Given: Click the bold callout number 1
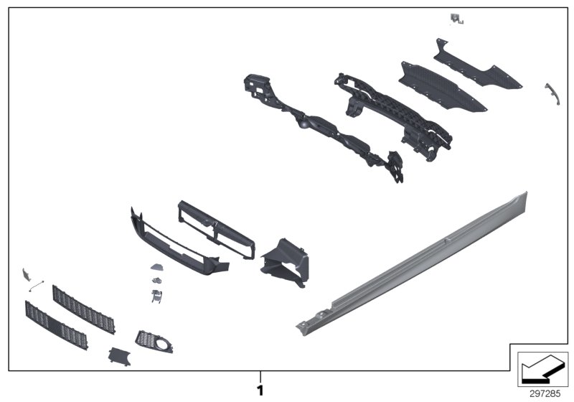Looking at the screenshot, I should pyautogui.click(x=260, y=391).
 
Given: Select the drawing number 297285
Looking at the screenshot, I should pyautogui.click(x=545, y=393).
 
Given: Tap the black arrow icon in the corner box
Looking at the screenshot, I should pyautogui.click(x=542, y=368).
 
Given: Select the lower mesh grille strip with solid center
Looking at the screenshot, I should pyautogui.click(x=56, y=325).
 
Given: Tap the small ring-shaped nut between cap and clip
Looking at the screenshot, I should pyautogui.click(x=156, y=279).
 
